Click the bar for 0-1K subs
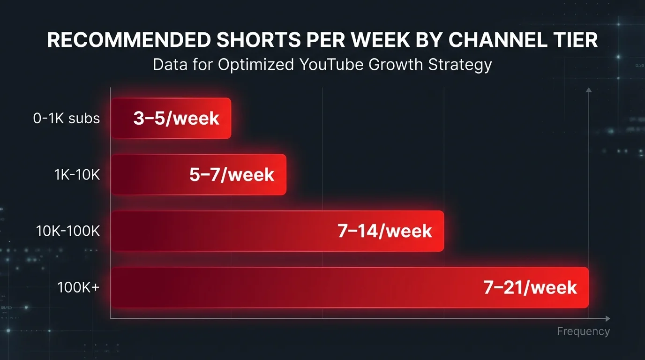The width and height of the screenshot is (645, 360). pos(171,118)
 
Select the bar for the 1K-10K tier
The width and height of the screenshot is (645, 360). pos(198,174)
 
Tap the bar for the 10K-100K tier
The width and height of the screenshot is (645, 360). pos(277,231)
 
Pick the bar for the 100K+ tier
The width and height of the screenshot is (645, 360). pos(349,287)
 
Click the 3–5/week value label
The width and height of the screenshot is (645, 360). pos(176,118)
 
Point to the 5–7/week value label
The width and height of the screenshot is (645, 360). pos(232,175)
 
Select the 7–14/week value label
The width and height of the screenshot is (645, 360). pos(384,231)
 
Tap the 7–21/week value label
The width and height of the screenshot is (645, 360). pos(530,287)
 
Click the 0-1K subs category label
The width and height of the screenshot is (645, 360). pos(67,119)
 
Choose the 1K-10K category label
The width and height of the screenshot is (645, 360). pos(77,175)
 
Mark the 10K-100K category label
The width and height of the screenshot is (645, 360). pos(68,231)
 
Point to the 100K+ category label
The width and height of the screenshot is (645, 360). pos(78,287)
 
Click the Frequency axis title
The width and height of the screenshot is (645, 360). pos(583,331)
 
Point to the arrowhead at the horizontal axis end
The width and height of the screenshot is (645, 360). pos(607,319)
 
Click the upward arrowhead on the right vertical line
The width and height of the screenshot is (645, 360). pos(589,90)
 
